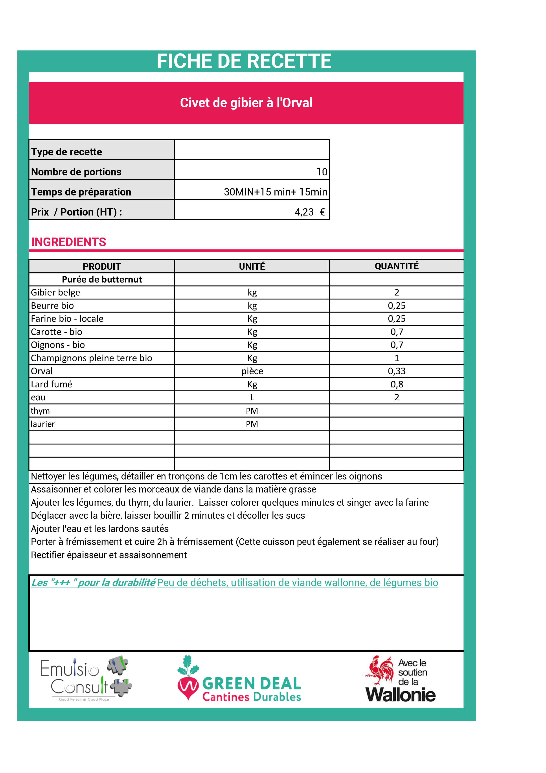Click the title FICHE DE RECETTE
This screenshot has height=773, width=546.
(244, 61)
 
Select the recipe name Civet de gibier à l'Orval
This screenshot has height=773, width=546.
(246, 103)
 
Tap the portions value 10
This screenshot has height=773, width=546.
(322, 172)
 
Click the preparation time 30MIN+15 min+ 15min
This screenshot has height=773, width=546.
(275, 192)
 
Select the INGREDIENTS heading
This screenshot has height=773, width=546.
(69, 242)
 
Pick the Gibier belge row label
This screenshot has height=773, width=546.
(55, 293)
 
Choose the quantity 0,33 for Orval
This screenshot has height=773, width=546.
(397, 371)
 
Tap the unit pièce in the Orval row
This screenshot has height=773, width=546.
(252, 371)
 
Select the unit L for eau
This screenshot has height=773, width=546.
(252, 398)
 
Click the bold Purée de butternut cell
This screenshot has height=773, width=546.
(102, 279)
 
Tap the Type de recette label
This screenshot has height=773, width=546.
(66, 152)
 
